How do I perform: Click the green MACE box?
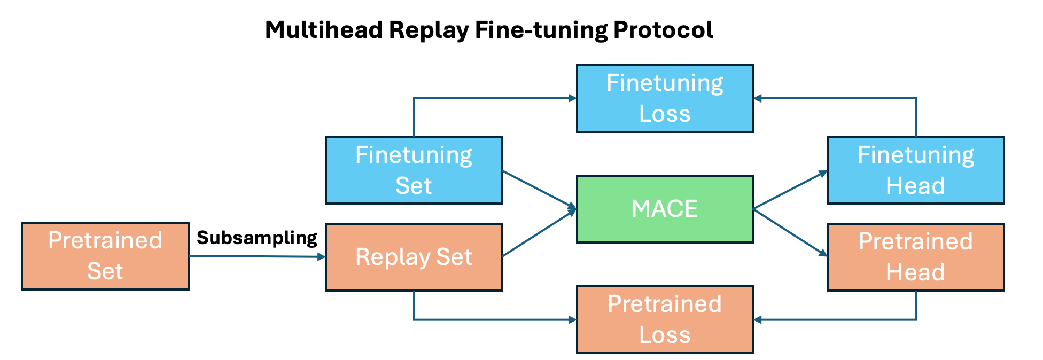coord(665,209)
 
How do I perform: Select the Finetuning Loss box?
coord(665,98)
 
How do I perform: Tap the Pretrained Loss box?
coord(665,319)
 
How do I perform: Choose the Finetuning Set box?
coord(414,170)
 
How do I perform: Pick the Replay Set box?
coord(414,257)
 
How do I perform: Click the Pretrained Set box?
coord(105,256)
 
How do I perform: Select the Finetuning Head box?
coord(915,170)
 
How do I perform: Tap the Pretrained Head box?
coord(915,257)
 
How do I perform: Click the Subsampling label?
coord(257,238)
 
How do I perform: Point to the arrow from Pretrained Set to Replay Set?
coord(256,256)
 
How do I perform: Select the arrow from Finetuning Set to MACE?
coord(539,189)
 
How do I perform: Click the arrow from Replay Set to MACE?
coord(539,233)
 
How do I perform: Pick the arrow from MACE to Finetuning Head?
coord(790,190)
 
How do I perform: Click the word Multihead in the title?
coord(324,30)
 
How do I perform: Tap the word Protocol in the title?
coord(663,30)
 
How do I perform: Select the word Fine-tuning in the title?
coord(541,30)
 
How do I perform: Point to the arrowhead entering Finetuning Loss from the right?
coord(758,98)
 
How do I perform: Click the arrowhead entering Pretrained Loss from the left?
coord(572,320)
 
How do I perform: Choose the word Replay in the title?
coord(429,30)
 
